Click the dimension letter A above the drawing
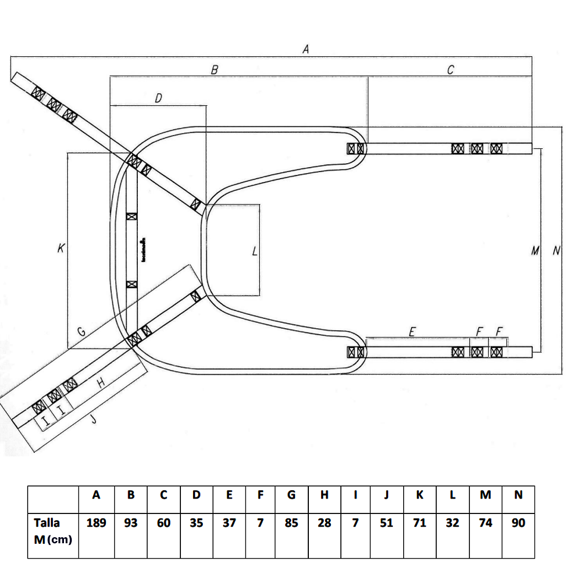[x=306, y=49]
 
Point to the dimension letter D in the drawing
[x=158, y=98]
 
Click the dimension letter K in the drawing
[x=60, y=249]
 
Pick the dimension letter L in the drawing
[x=254, y=252]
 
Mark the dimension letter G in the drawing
[x=81, y=332]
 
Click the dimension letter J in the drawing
[x=94, y=420]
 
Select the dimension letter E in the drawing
[x=411, y=331]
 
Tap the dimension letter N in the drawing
[x=556, y=251]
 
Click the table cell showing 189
[x=97, y=522]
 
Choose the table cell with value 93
[x=131, y=522]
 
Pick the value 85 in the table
[x=291, y=522]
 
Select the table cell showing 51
[x=387, y=522]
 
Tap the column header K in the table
[x=420, y=495]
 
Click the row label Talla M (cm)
[x=53, y=531]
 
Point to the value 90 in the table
[x=518, y=522]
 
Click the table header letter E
[x=229, y=495]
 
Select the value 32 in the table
[x=452, y=522]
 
